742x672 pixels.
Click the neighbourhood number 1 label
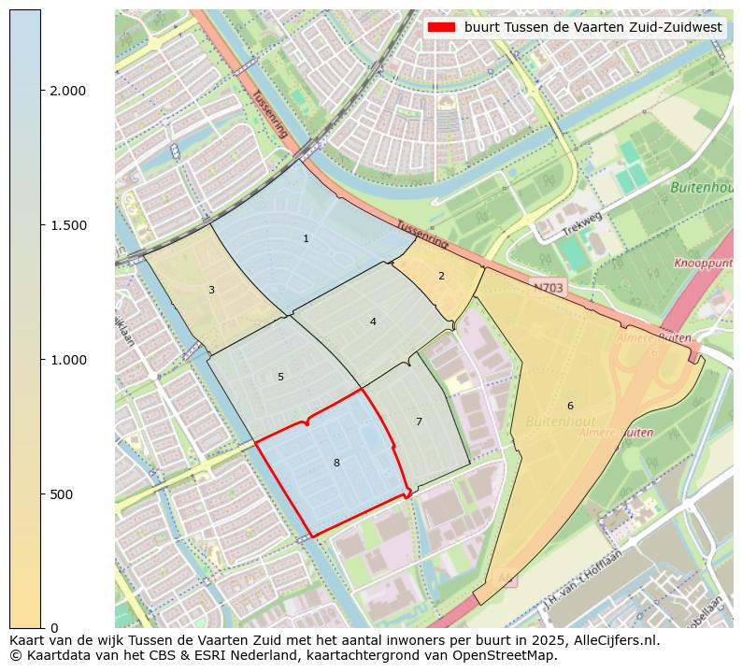[x=306, y=239]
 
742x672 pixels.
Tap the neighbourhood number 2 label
[x=441, y=276]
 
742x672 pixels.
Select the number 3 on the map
[x=211, y=290]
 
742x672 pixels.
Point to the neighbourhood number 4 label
[x=373, y=322]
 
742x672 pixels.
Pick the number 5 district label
[x=280, y=377]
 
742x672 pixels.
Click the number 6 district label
[x=570, y=406]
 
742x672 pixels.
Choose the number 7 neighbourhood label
[x=419, y=422]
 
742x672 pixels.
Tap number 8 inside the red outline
[x=336, y=463]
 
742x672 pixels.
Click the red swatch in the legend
[x=441, y=28]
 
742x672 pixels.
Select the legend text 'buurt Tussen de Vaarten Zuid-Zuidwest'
[x=593, y=28]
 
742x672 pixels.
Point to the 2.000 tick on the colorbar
[x=68, y=91]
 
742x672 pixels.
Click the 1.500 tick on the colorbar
[x=68, y=225]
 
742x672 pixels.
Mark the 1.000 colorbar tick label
[x=68, y=360]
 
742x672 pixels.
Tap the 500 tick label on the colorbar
[x=62, y=494]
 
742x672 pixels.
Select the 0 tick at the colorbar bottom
[x=53, y=627]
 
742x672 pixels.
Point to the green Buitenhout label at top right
[x=701, y=188]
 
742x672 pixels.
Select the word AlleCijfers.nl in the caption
[x=613, y=641]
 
